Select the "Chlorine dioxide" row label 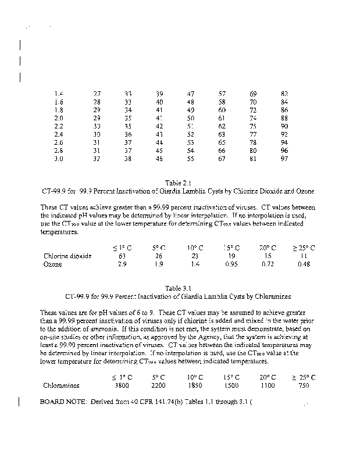[67, 256]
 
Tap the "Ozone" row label [53, 264]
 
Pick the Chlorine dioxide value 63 [122, 256]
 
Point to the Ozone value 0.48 [303, 264]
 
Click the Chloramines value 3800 [122, 385]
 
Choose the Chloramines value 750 [303, 385]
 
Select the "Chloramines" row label [62, 385]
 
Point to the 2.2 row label [58, 126]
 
